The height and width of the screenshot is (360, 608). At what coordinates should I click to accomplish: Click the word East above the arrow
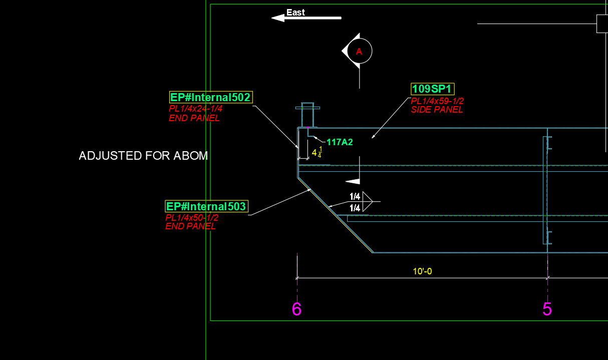tap(295, 13)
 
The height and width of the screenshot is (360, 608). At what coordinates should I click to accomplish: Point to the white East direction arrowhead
tap(278, 18)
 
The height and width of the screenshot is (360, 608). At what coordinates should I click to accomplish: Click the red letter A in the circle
tap(359, 51)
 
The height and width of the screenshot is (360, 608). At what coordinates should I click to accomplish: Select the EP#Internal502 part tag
tap(211, 97)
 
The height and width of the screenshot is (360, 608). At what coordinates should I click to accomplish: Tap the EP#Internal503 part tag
tap(206, 206)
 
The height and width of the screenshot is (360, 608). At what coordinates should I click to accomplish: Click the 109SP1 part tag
tap(433, 89)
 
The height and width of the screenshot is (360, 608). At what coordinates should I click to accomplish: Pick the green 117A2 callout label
tap(340, 142)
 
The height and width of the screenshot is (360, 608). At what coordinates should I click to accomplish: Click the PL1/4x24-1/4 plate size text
tap(195, 109)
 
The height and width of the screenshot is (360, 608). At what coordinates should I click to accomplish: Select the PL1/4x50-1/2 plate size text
tap(192, 218)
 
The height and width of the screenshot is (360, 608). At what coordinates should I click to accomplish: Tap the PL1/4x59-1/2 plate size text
tap(437, 101)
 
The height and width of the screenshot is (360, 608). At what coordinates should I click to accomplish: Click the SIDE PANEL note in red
tap(437, 110)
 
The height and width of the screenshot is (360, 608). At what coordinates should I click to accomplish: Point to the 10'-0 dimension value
tap(422, 271)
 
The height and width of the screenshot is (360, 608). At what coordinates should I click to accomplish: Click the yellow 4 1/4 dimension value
tap(317, 153)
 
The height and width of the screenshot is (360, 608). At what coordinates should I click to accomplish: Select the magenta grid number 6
tap(296, 309)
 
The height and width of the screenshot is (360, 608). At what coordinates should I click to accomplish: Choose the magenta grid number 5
tap(547, 309)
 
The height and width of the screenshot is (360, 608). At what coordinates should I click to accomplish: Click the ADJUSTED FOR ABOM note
tap(143, 156)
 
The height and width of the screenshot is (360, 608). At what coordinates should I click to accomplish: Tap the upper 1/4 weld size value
tap(355, 196)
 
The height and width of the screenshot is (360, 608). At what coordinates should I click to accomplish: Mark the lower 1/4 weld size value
tap(355, 208)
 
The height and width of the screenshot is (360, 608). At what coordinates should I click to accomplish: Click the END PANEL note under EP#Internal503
tap(190, 226)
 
